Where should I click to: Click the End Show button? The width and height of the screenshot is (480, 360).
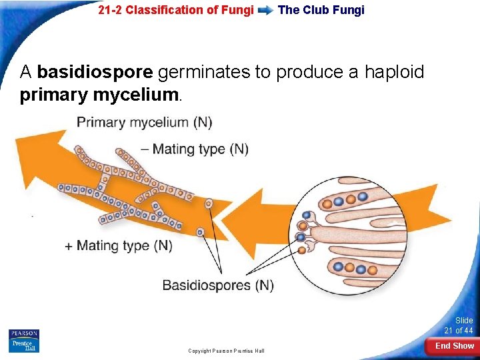coord(454,345)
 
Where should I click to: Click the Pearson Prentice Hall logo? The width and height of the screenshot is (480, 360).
coord(24,341)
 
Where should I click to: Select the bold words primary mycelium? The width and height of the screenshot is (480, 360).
coord(99,95)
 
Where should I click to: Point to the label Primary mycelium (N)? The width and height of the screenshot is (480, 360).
coord(144,122)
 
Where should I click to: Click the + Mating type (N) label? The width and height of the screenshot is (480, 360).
coord(118,245)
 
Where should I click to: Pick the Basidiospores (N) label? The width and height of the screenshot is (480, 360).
coord(218,285)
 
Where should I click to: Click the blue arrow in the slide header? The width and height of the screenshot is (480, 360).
coord(265,11)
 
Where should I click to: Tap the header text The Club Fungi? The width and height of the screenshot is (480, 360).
coord(321,10)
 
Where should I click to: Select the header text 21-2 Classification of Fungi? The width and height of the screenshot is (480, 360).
coord(175,10)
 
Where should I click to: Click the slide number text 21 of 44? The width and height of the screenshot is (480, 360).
coord(459,331)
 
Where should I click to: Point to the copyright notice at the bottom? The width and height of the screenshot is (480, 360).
coord(226,351)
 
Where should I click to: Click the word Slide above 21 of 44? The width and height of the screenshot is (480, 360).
coord(464,321)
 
